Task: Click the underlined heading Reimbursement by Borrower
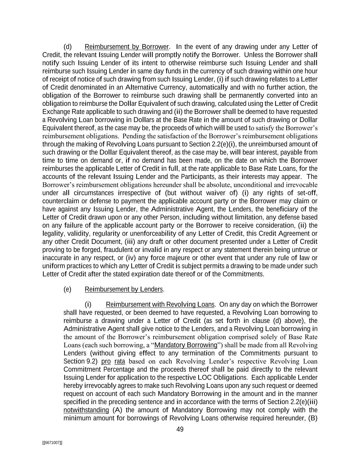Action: tap(127, 47)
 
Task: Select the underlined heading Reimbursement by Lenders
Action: tap(124, 290)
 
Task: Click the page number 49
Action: tap(180, 429)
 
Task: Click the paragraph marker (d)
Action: tap(68, 47)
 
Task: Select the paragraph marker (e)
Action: tap(68, 290)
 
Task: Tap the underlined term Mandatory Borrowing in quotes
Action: tap(186, 345)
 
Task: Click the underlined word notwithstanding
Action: tap(86, 410)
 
